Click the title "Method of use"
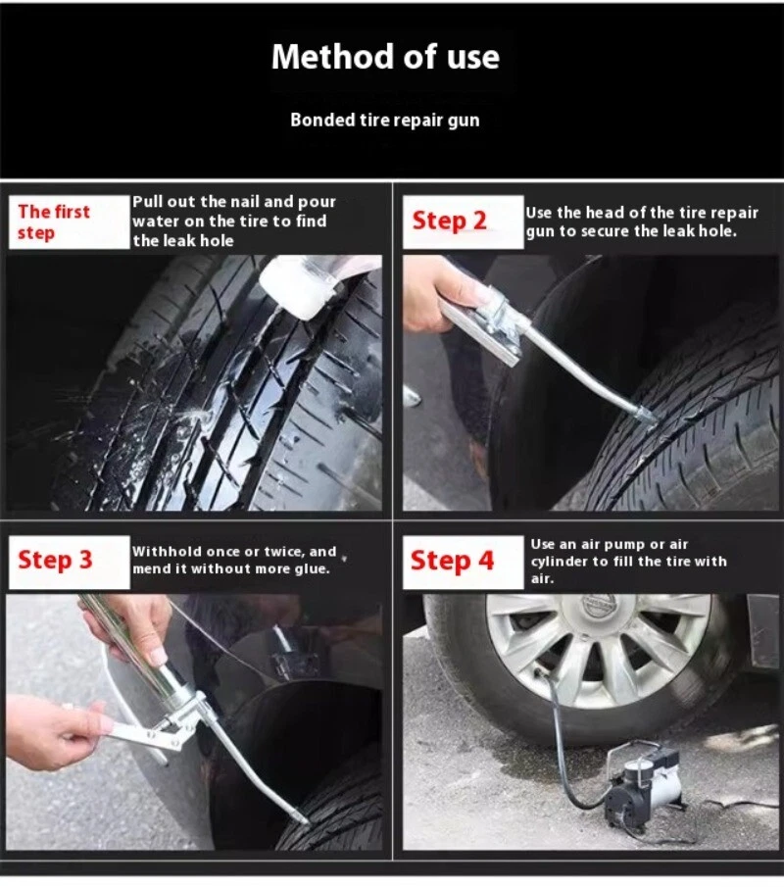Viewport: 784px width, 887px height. [385, 57]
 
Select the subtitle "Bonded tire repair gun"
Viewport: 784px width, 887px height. [384, 120]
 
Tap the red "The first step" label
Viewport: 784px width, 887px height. [54, 222]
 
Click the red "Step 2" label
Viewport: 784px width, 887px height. [449, 221]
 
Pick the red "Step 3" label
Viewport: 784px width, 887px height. [55, 560]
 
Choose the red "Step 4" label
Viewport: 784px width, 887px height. [452, 561]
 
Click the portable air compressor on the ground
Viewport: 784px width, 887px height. [643, 785]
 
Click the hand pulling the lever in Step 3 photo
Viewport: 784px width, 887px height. [54, 731]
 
